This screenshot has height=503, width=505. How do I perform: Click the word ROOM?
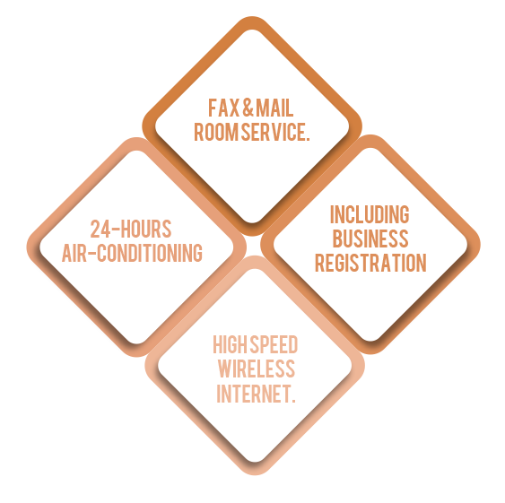coord(217,132)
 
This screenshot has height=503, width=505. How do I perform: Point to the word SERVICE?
coord(275,132)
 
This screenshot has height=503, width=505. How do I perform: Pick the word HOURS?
coord(146,229)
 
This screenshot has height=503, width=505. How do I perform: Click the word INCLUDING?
coord(370,214)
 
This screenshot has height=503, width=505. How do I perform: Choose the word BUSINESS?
coord(370,238)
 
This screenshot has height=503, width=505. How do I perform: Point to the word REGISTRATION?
coord(370,263)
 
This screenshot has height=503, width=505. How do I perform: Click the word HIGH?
coord(230,344)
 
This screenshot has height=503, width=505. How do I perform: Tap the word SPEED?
coord(274,344)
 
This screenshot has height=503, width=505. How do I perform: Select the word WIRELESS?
coord(257,369)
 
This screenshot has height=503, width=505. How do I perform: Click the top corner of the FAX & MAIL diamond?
coord(252,17)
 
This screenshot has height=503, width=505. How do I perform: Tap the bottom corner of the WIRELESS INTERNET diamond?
coord(255,474)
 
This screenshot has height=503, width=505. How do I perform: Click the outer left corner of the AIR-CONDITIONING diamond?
coord(27,247)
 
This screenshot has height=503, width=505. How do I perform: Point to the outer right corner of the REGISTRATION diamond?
coord(480,245)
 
